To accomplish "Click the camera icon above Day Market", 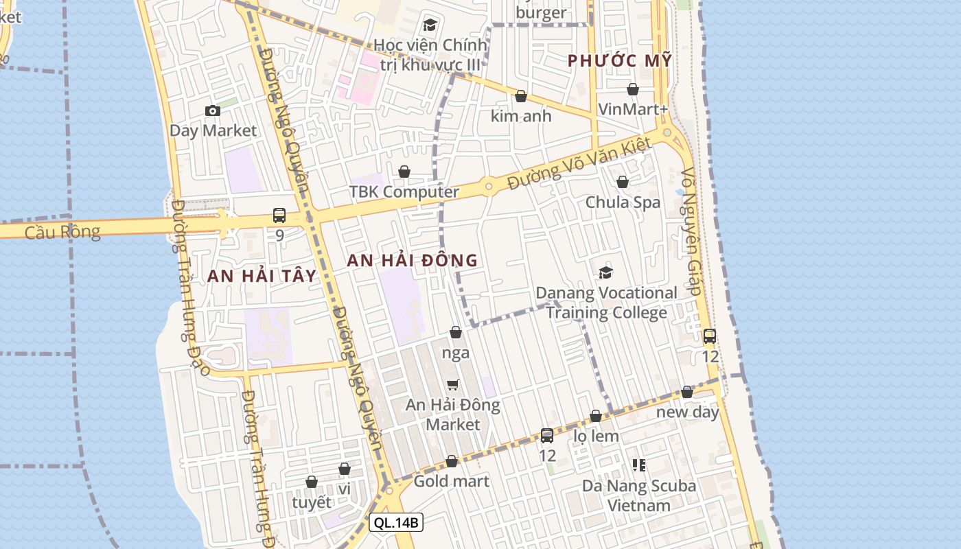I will point(213,110).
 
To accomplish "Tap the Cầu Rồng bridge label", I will point(62,232).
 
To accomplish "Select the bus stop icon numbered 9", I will point(279,215).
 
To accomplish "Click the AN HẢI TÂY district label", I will point(262,276).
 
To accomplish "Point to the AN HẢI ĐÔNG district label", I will point(412,260).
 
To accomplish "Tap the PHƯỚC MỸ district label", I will point(620,60).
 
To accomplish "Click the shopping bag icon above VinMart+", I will point(633,90).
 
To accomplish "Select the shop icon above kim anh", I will point(521,97).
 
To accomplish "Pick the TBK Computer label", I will point(404,191).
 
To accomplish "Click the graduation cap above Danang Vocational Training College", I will point(605,273).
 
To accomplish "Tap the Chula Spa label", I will point(623,202).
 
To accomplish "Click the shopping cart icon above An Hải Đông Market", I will point(452,385).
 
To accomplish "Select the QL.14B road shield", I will point(396,522).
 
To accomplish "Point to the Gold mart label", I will point(451,481).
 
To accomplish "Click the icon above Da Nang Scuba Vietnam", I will point(639,465).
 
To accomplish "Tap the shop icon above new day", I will point(687,392).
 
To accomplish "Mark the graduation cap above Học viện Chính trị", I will point(430,25).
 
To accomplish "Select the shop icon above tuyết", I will point(312,482).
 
